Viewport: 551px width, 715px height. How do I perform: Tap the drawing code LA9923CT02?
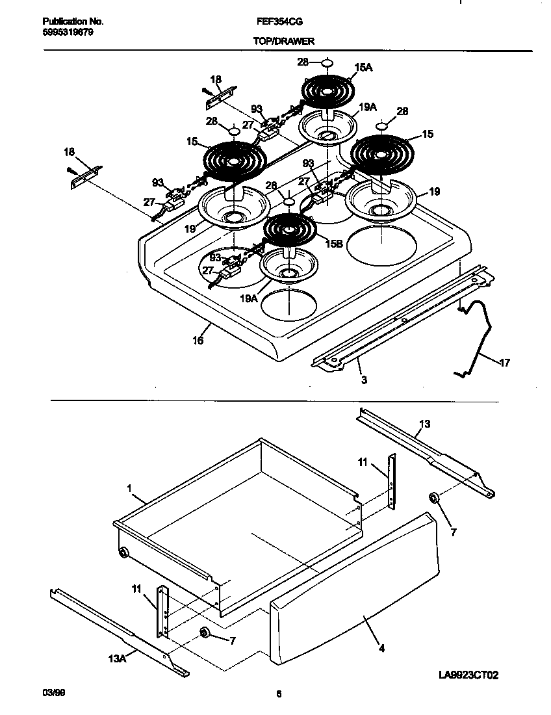(x=467, y=676)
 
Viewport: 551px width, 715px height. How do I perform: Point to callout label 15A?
(x=363, y=67)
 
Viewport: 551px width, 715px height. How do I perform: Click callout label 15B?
(x=334, y=243)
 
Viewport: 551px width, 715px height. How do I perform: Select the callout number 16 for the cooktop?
(x=198, y=340)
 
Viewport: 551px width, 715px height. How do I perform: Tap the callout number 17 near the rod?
(x=504, y=362)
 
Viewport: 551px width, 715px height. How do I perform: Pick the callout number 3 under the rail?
(x=363, y=380)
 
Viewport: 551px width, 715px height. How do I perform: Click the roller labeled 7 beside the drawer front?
(x=433, y=499)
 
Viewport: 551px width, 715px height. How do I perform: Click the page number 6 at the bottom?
(x=277, y=694)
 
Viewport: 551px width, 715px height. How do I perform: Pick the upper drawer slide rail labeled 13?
(x=429, y=448)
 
